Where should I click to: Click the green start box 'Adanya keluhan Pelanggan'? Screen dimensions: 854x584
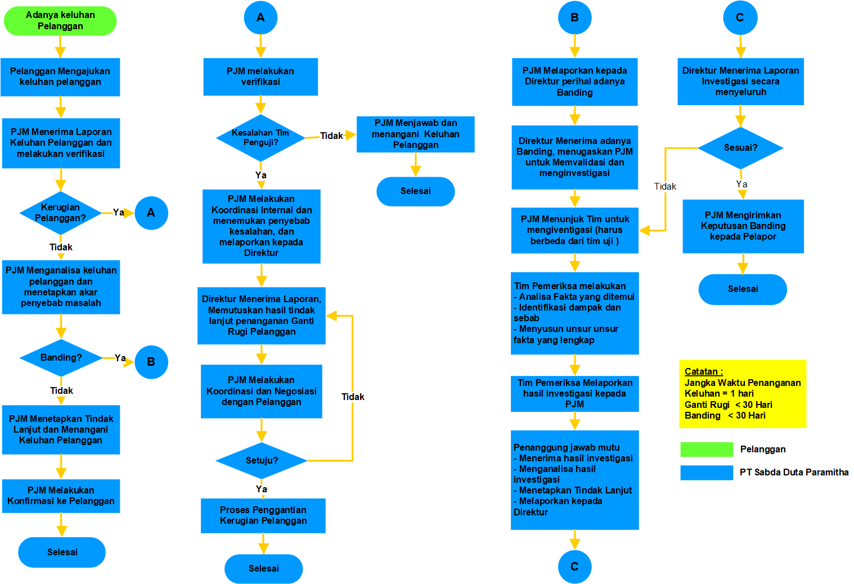(60, 21)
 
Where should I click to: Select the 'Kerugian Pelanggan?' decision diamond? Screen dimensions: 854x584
(60, 213)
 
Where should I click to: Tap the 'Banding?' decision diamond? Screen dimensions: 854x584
(61, 358)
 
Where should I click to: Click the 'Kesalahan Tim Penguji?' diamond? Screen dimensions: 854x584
(260, 138)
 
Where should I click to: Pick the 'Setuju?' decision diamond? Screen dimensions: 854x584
(262, 460)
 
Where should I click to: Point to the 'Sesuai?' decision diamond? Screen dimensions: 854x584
(740, 148)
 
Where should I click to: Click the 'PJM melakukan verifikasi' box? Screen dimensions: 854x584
(260, 77)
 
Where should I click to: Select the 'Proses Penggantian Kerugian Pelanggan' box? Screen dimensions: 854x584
(263, 515)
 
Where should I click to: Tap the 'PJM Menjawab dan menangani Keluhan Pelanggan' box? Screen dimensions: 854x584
(416, 134)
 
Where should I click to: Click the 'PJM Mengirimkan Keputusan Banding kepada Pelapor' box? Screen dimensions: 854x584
(743, 226)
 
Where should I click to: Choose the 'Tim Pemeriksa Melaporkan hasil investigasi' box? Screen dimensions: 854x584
(574, 393)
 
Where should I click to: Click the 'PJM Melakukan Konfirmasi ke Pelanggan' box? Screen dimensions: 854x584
(61, 496)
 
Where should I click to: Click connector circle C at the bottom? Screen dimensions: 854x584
(574, 567)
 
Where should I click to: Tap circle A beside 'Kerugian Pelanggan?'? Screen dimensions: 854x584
(151, 213)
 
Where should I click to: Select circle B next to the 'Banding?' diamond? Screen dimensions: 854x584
(151, 362)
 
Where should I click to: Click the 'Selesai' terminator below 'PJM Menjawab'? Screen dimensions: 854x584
(416, 191)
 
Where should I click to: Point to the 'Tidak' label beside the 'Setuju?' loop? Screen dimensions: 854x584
(353, 397)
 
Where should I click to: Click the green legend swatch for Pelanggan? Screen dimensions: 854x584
(707, 449)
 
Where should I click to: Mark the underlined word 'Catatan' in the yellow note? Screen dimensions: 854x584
(701, 371)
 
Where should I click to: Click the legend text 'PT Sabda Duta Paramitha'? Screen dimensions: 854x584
(794, 472)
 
